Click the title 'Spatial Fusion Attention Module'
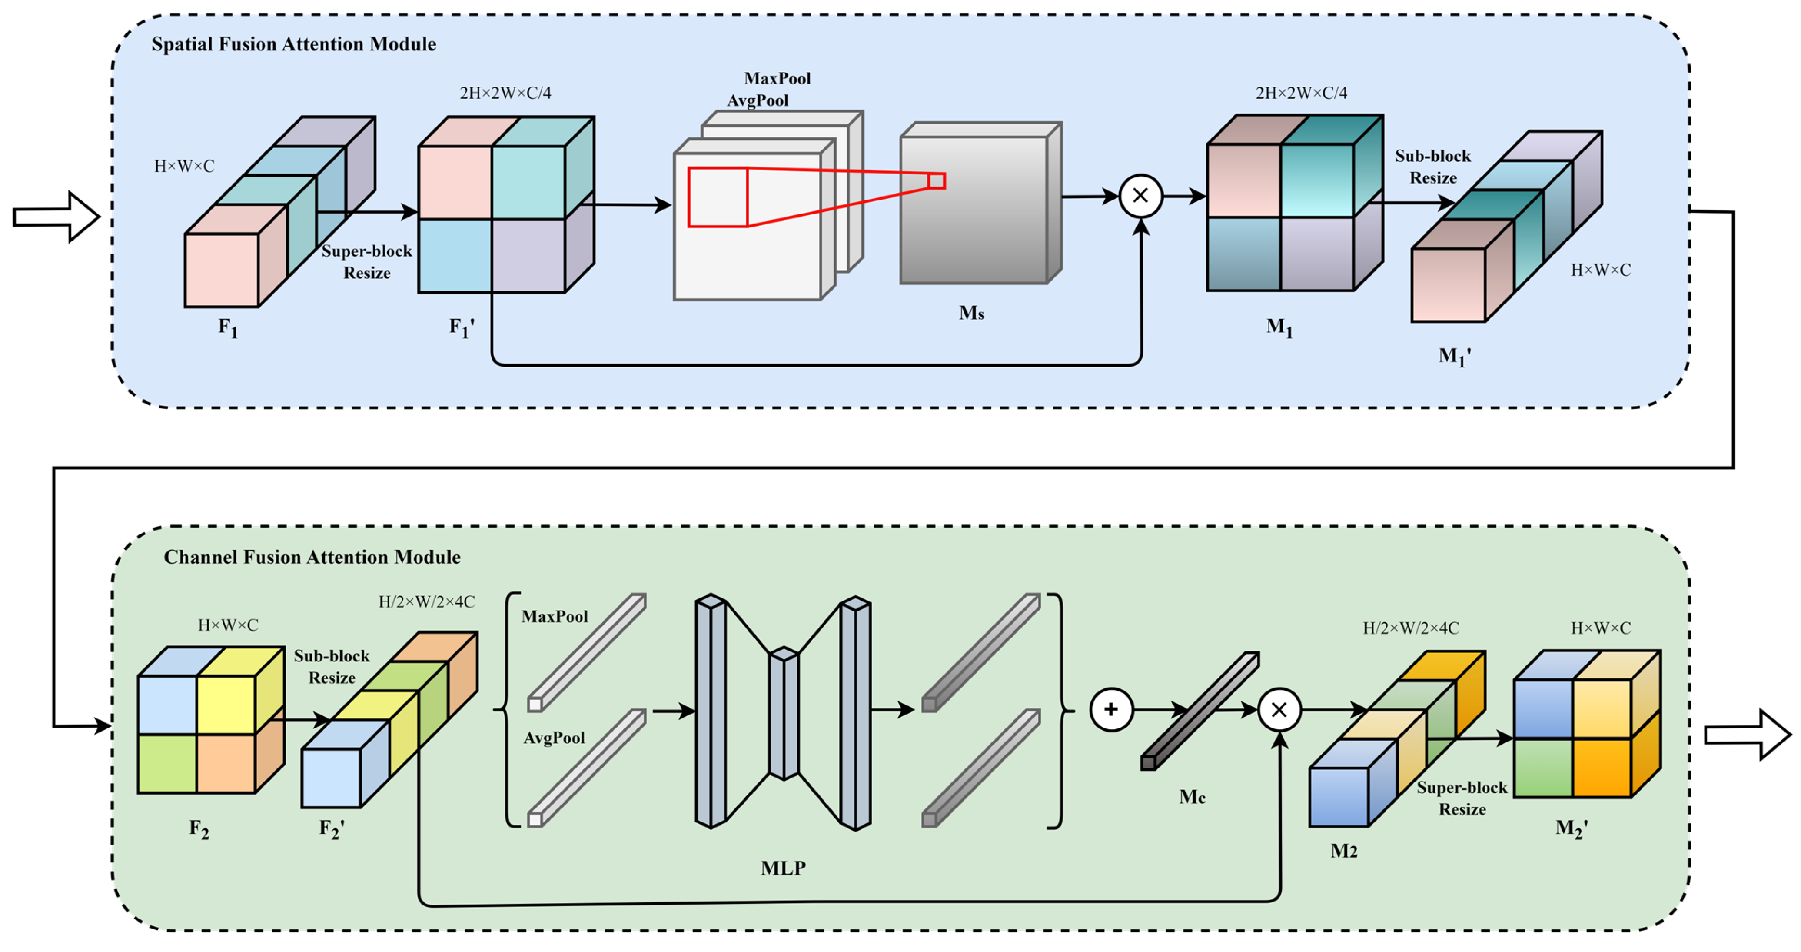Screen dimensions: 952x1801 294,44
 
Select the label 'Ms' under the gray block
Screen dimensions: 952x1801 971,314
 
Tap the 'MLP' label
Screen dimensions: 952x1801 783,868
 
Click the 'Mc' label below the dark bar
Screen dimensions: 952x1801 1192,797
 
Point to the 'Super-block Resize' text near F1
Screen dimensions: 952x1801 366,262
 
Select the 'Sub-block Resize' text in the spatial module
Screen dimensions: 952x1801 1432,167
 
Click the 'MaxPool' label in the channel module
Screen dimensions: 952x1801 555,616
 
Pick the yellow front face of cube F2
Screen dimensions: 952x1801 225,705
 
